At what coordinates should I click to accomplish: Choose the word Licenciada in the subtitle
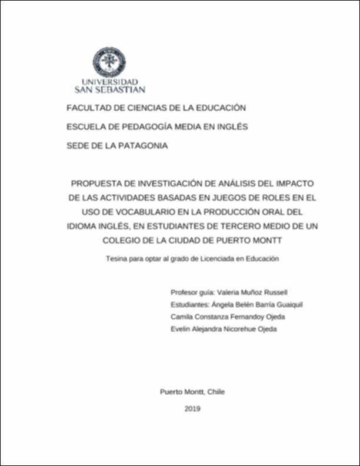pyautogui.click(x=215, y=258)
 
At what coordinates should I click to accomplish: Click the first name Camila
pyautogui.click(x=181, y=317)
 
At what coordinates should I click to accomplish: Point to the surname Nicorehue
pyautogui.click(x=239, y=329)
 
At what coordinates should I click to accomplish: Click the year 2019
pyautogui.click(x=192, y=408)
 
